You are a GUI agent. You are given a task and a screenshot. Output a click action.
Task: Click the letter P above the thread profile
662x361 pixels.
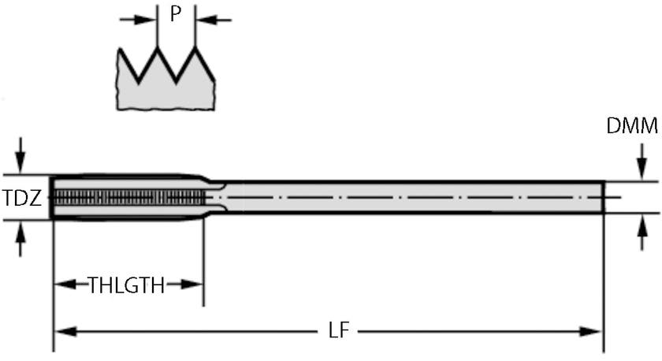point(176,14)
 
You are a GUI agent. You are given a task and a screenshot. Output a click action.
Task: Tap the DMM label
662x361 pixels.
point(632,126)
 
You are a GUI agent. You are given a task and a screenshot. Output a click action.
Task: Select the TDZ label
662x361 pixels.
point(22,198)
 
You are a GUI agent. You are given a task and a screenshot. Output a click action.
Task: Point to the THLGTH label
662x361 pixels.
point(126,285)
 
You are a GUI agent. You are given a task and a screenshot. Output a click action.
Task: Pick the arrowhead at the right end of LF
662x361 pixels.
point(591,332)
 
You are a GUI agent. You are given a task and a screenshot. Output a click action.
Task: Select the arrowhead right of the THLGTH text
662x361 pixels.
point(192,285)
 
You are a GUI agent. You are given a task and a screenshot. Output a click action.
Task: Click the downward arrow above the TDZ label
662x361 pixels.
point(20,155)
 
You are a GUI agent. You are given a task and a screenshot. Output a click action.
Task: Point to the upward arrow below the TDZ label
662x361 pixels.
point(20,239)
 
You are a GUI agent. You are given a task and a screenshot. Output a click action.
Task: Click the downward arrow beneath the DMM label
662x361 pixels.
point(642,162)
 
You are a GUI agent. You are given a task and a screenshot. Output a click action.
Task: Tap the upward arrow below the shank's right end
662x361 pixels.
point(642,233)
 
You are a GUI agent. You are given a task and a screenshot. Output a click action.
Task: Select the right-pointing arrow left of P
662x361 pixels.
point(138,20)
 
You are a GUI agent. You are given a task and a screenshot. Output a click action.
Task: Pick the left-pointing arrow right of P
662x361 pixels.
point(214,20)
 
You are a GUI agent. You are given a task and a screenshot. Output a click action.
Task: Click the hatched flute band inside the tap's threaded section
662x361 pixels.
point(129,197)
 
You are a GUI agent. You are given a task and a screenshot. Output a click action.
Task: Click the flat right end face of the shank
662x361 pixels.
point(604,197)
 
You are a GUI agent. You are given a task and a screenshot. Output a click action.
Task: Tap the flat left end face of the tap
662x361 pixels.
point(51,197)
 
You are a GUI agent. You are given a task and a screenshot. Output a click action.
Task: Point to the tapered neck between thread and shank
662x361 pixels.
point(215,197)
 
